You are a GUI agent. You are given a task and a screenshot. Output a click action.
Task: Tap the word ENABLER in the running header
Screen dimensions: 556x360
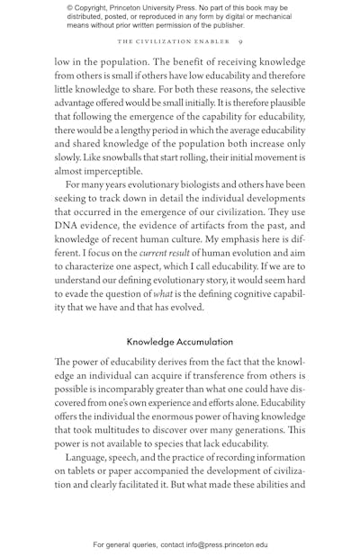[x=211, y=42]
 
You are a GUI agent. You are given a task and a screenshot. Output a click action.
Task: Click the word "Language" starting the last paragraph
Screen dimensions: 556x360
[x=90, y=457]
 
